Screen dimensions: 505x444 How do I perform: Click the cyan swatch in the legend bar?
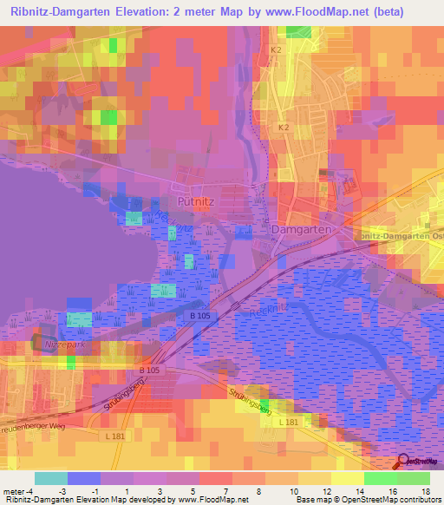(x=50, y=478)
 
